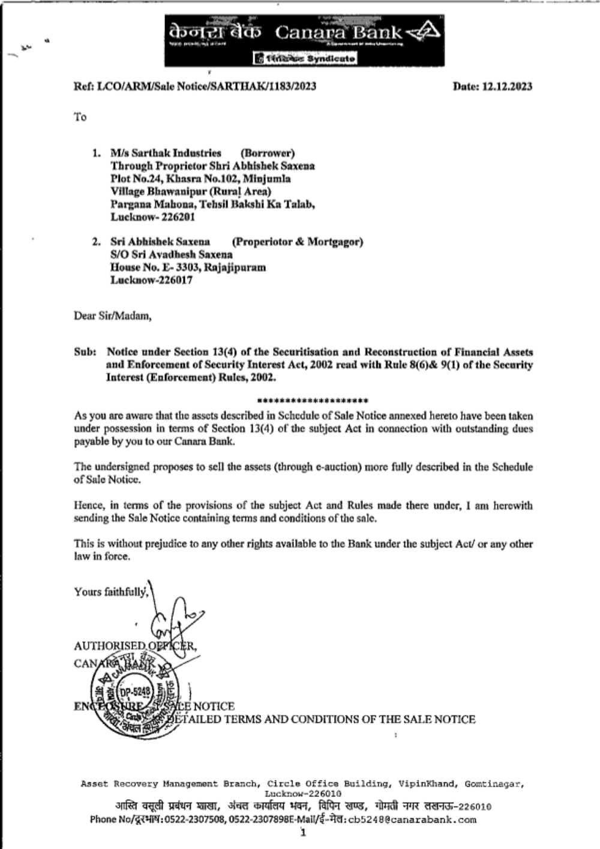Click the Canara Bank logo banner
point(304,40)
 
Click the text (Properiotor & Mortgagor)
point(297,242)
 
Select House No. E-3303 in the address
point(155,267)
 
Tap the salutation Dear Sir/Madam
point(112,316)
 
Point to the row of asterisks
point(312,400)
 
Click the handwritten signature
point(171,618)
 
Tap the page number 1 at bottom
point(304,832)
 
